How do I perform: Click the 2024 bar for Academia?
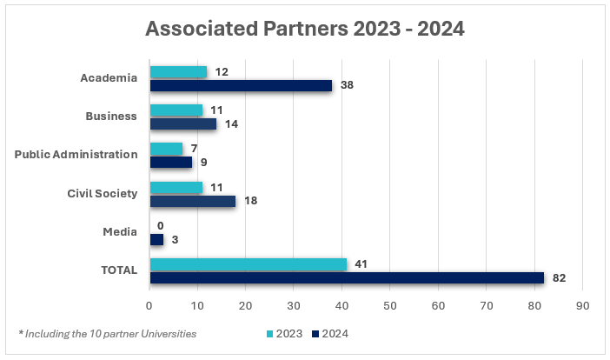coord(241,85)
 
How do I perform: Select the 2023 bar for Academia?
coord(178,72)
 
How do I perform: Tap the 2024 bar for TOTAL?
coord(347,277)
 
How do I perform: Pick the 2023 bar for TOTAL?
coord(249,264)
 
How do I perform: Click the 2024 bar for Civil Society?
coord(193,201)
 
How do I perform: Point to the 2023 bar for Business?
coord(176,110)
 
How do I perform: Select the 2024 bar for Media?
coord(156,239)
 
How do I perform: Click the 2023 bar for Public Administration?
coord(166,149)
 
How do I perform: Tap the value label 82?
coord(559,277)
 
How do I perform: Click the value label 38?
coord(346,85)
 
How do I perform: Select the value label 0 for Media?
coord(160,225)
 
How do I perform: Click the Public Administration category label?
coord(76,155)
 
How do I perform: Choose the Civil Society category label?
coord(103,193)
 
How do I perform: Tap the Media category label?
coord(122,232)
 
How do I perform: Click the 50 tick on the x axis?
coord(390,306)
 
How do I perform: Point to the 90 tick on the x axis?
coord(582,306)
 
